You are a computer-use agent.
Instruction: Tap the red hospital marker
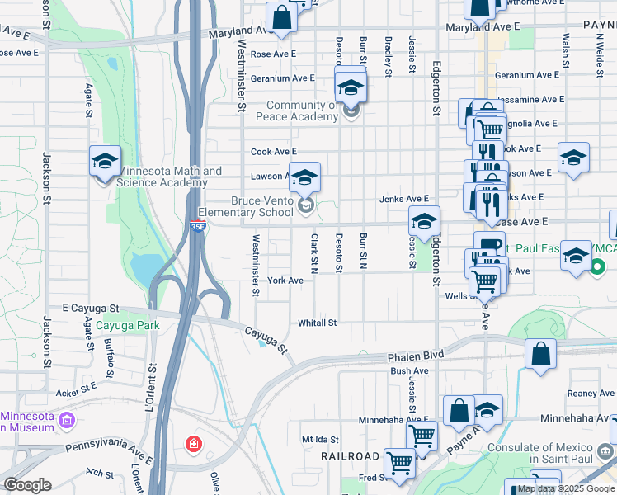coord(194,445)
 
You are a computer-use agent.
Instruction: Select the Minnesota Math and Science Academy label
coord(171,177)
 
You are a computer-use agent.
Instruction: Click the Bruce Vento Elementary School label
coord(261,206)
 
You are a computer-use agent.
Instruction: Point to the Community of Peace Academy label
coord(302,111)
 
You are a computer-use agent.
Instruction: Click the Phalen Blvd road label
coord(416,355)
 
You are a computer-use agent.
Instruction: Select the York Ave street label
coord(285,280)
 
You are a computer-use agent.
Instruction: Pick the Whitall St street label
coord(318,323)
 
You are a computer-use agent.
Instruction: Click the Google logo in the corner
coord(27,484)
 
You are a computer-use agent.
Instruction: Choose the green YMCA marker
coord(600,266)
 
